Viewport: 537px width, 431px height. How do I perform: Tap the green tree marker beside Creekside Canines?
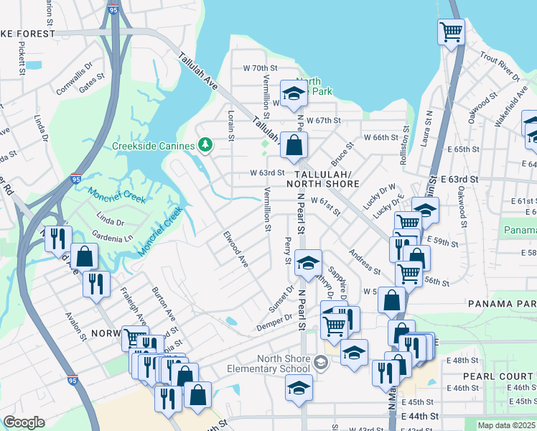pyautogui.click(x=206, y=146)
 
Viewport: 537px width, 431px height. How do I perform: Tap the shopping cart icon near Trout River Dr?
pyautogui.click(x=451, y=31)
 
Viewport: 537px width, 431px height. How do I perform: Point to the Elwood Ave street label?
pyautogui.click(x=235, y=249)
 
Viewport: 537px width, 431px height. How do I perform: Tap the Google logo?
pyautogui.click(x=24, y=422)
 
